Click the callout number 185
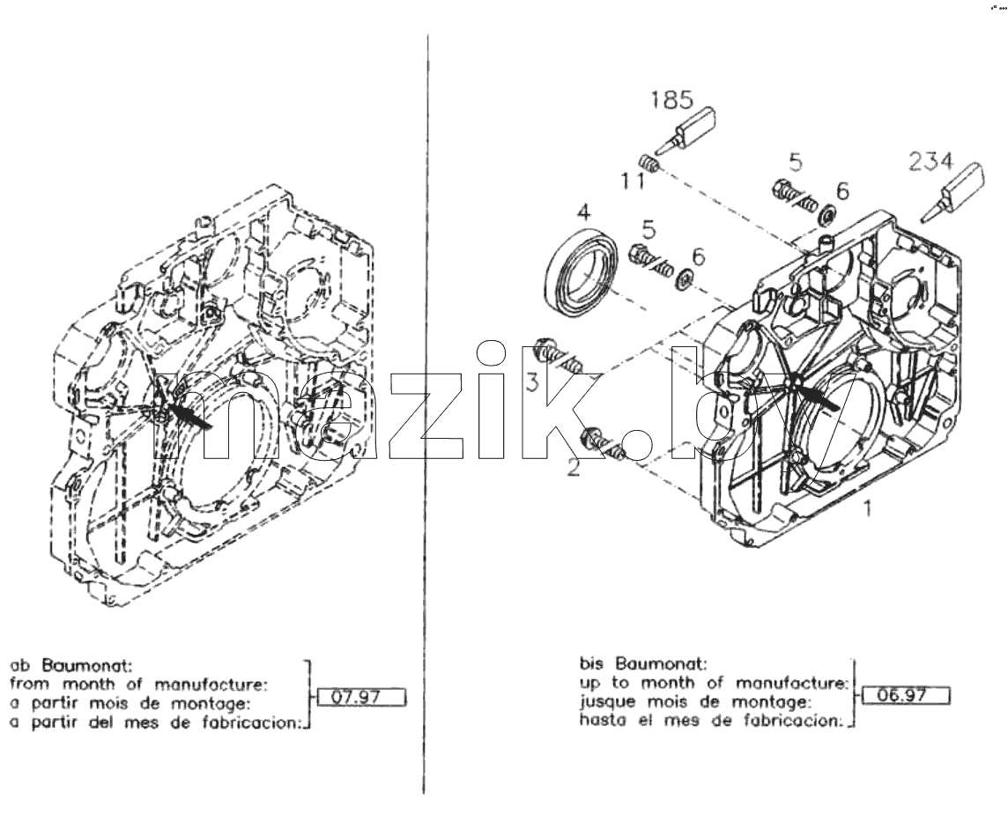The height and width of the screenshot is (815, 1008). tap(671, 100)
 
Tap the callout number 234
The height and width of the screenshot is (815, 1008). tap(930, 161)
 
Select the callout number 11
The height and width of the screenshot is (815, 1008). tap(633, 181)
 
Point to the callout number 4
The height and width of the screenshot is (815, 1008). tap(583, 212)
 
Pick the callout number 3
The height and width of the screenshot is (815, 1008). tap(532, 382)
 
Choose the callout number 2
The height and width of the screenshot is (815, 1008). tap(573, 467)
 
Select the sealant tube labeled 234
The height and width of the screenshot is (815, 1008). tap(952, 191)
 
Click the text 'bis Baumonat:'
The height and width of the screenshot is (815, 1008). tap(643, 663)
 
